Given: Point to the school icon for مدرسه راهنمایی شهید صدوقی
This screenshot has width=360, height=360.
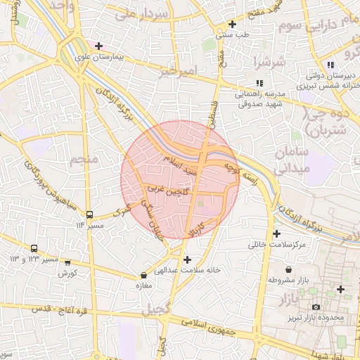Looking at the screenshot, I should point(260,83).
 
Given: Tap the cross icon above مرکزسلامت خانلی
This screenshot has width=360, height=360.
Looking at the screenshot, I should point(276,234).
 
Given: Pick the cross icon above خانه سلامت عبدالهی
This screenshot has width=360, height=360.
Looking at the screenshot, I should point(187,259).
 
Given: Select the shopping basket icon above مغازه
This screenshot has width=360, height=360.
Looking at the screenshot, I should point(144,276).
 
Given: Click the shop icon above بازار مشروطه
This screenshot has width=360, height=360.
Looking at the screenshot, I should point(289,269).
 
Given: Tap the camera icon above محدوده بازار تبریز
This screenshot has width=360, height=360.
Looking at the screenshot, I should point(316,307).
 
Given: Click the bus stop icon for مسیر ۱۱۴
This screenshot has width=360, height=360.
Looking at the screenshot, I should point(89,214).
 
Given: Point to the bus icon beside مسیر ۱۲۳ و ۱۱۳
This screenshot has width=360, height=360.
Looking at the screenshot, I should point(34,249).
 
